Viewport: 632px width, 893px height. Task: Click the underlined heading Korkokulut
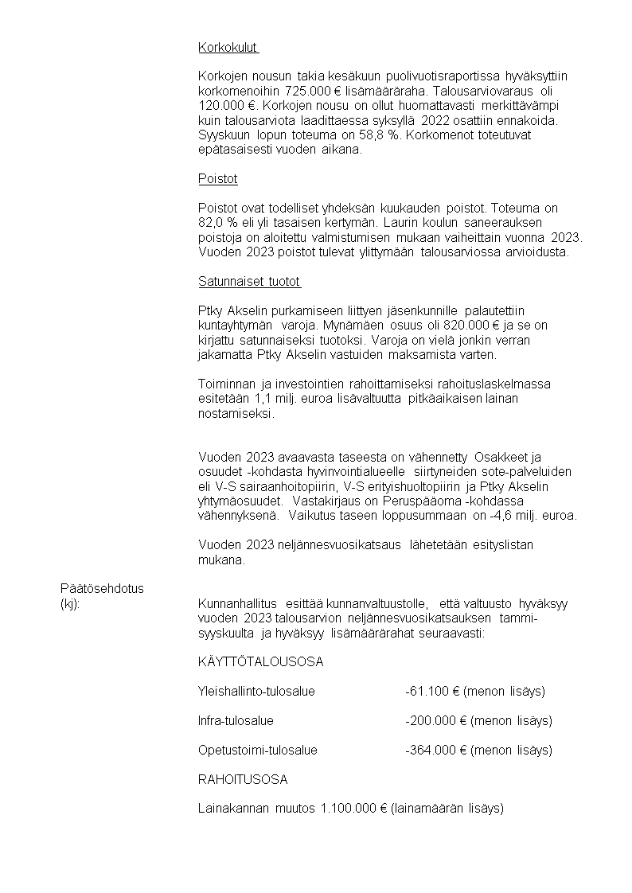(228, 48)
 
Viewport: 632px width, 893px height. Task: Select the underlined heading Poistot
(217, 179)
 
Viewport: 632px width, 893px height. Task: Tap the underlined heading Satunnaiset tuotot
(248, 282)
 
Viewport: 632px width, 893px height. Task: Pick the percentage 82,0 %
(220, 223)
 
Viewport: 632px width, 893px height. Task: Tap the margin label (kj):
(70, 603)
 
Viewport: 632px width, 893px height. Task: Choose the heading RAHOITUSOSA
(243, 779)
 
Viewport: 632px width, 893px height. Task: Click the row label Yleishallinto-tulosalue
(256, 691)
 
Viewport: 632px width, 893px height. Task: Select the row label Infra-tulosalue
(236, 720)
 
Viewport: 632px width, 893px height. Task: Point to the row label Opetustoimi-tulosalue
(257, 750)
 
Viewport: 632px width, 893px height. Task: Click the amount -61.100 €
(431, 691)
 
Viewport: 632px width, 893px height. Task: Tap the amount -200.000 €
(435, 720)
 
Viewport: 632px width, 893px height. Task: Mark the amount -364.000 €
(435, 750)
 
